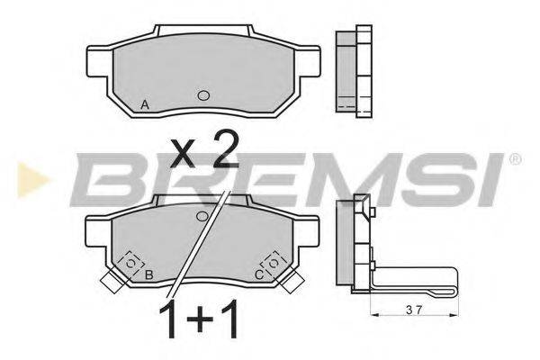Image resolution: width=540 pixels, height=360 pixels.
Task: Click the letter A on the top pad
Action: point(145,104)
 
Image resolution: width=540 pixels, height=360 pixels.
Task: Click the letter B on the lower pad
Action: point(148,274)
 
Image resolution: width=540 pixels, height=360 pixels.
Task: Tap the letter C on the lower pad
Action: point(259,274)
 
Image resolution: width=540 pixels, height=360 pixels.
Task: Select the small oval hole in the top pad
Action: point(203,95)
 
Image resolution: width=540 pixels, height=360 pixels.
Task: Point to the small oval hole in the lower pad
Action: point(202,216)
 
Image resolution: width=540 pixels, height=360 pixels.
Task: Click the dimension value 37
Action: point(414,310)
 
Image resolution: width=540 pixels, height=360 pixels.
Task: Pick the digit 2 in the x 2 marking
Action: point(226,149)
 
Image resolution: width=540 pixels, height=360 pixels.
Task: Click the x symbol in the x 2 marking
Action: point(183,156)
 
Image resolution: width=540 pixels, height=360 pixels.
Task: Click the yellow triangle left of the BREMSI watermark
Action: point(32,180)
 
